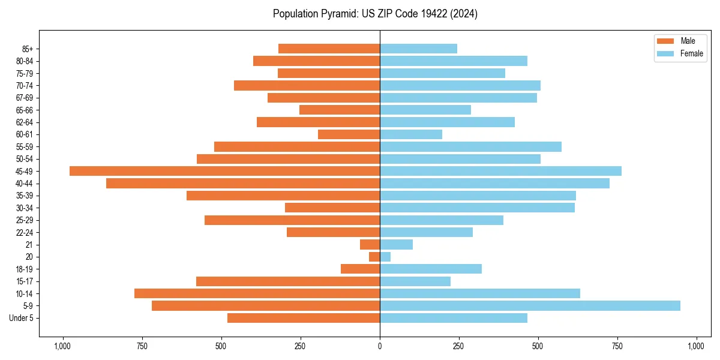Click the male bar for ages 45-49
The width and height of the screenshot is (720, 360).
224,171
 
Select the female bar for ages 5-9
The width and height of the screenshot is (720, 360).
530,306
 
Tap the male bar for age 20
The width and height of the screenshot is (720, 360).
374,257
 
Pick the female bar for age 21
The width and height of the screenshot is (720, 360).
396,245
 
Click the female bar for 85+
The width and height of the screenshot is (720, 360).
418,49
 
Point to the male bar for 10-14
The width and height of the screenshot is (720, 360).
257,293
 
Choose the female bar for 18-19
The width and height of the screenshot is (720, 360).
430,269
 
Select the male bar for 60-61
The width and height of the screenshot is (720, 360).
349,134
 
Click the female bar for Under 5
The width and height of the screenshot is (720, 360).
453,318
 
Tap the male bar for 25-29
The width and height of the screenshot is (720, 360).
292,220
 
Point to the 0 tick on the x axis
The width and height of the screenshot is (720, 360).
380,346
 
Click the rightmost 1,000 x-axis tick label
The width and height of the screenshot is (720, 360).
696,346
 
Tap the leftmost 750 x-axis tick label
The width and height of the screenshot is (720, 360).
142,346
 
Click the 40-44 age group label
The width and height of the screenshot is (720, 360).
25,184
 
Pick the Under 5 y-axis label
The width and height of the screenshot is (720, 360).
21,318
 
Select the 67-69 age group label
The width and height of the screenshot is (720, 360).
25,98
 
